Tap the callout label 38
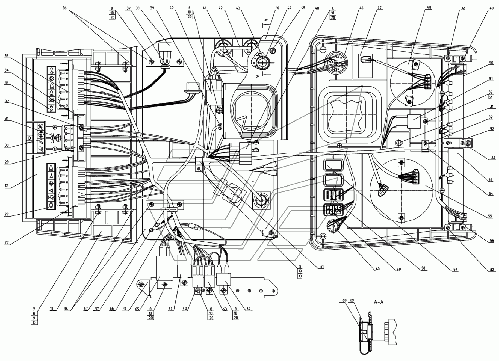[137, 8]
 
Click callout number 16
[277, 8]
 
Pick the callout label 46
[362, 8]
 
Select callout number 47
[379, 8]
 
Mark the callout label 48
[429, 7]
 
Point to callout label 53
[491, 179]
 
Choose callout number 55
[490, 216]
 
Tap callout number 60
[378, 269]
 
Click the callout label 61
[322, 267]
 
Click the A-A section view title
[379, 302]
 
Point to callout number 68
[345, 300]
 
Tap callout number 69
[352, 300]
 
